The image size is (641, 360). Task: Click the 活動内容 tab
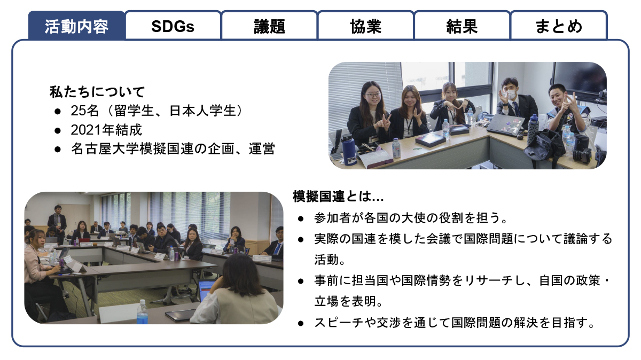coord(76,26)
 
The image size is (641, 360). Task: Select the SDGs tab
coord(173,26)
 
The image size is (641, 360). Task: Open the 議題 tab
coord(269,26)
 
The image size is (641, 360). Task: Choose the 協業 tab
coord(366,26)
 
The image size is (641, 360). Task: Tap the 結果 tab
coord(462,26)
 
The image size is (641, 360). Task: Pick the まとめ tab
coord(559,26)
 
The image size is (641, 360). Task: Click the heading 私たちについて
coord(97,92)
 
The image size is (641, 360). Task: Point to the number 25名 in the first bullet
coord(85,111)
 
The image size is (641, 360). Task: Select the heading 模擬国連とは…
coord(338,197)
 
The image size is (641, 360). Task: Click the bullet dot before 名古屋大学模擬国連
coord(58,149)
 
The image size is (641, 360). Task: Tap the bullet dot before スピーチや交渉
coord(300,323)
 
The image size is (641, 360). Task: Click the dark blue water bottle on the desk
coord(348,150)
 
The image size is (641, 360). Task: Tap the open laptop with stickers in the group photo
coord(505,123)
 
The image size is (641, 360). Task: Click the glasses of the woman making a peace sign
coord(373,95)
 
